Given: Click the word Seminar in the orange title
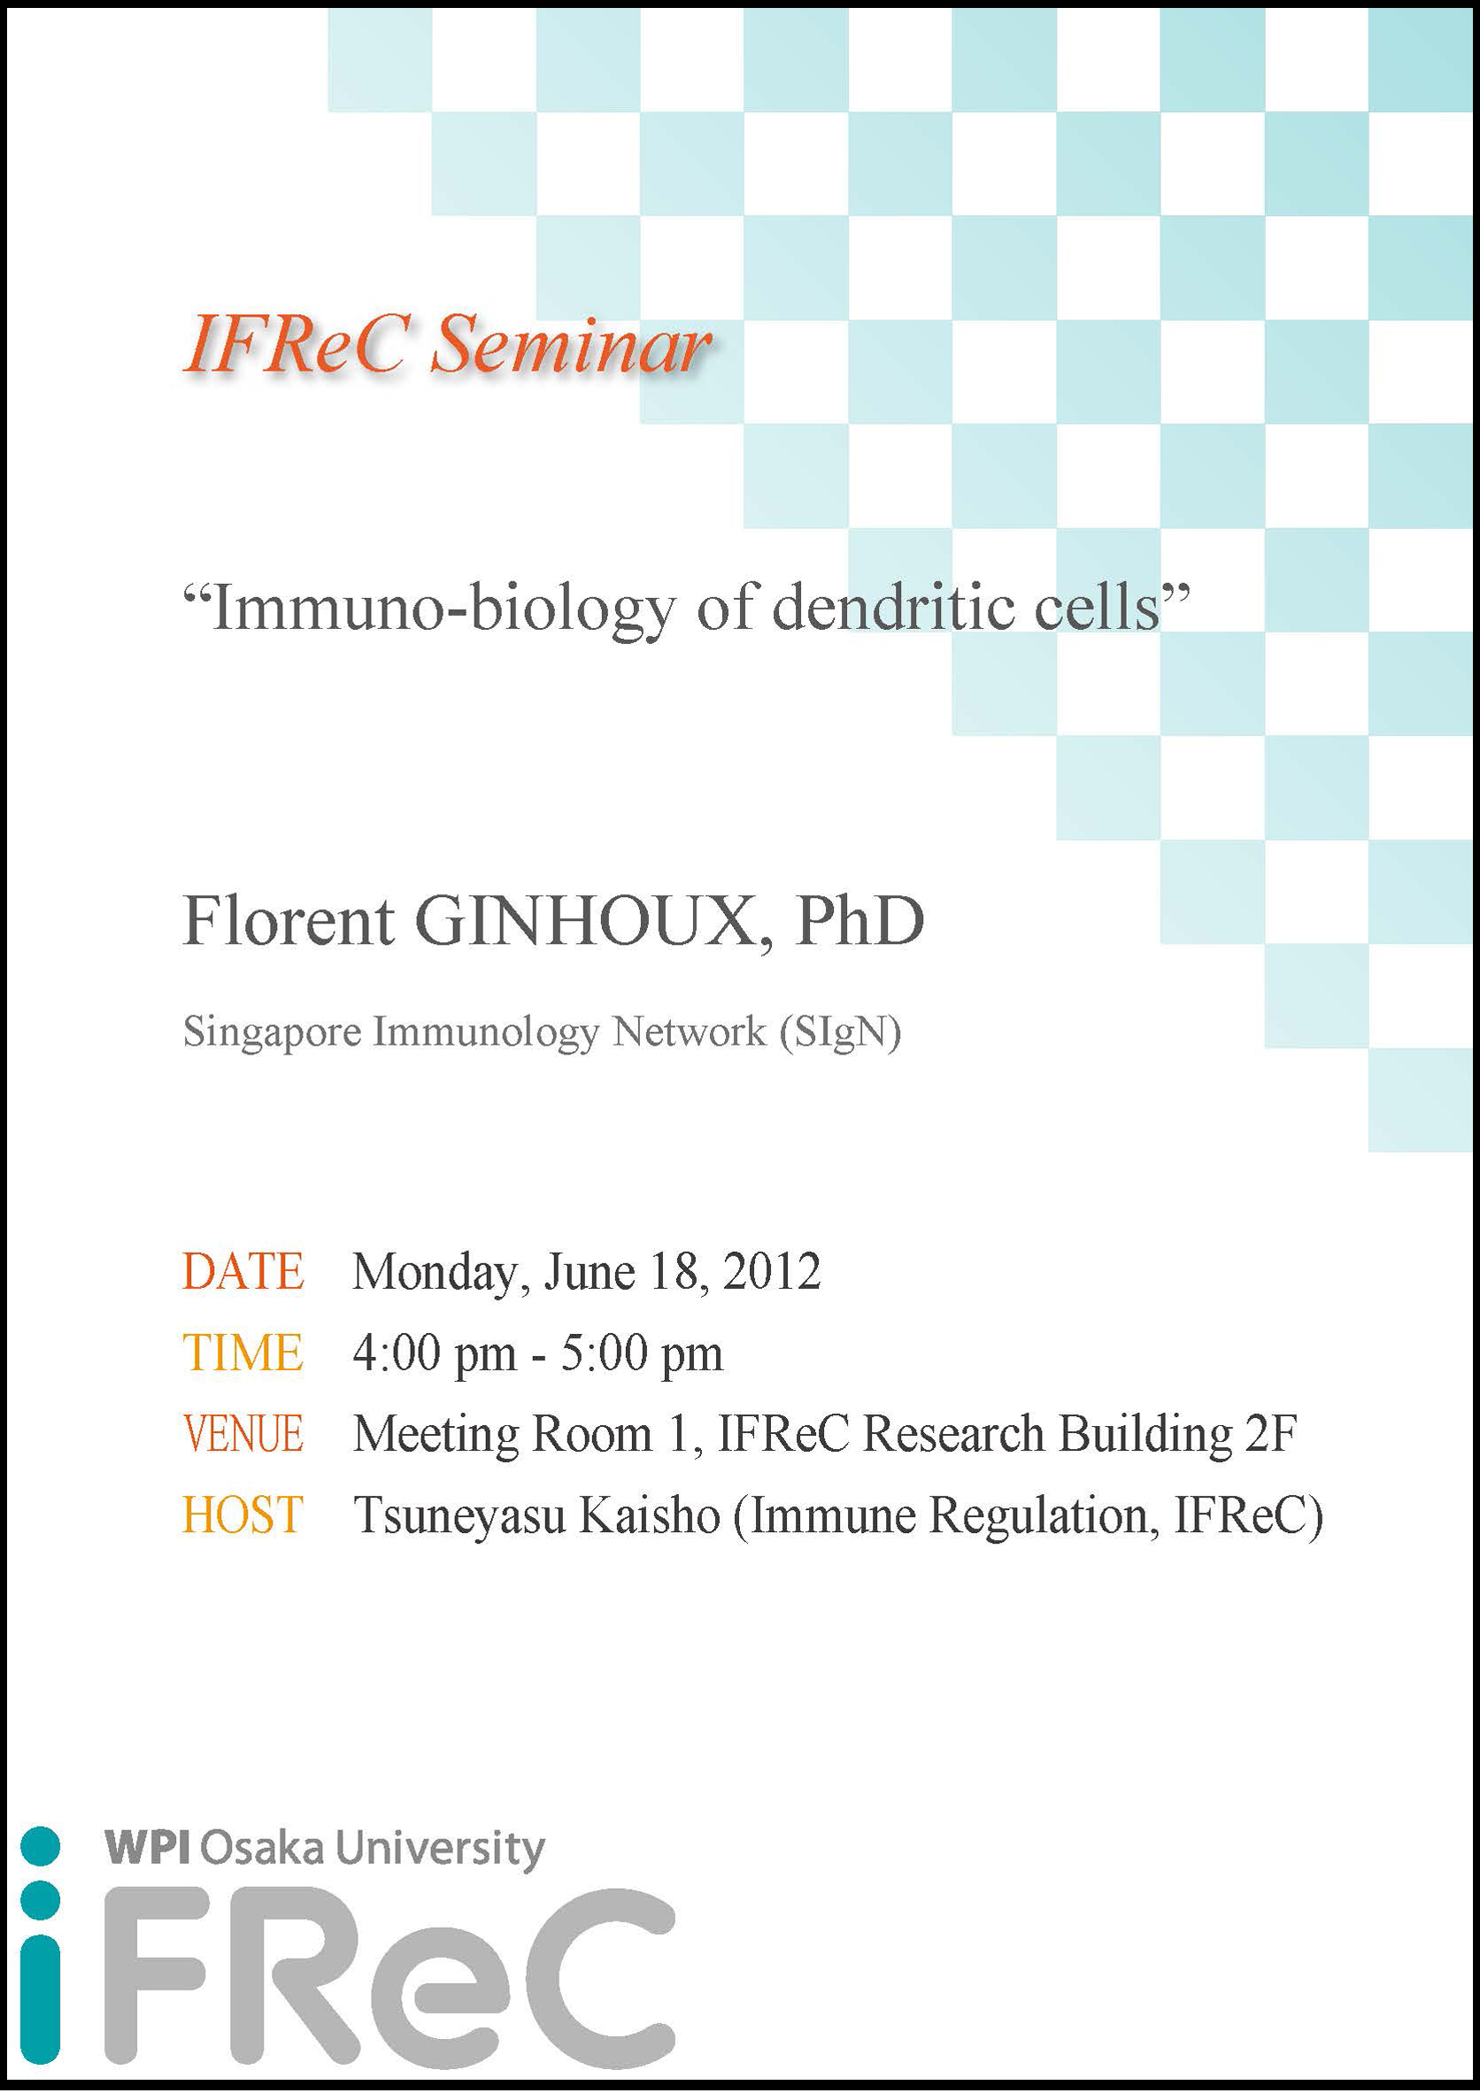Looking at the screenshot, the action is coord(571,346).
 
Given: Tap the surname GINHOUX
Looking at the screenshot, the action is coord(585,922).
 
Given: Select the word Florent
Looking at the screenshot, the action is coord(289,922).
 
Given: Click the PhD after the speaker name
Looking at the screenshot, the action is coord(859,922).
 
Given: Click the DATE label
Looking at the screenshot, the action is coord(243,1272).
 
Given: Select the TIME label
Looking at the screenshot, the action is coord(243,1353).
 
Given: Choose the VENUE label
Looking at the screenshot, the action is coord(243,1434).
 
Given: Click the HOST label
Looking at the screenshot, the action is coord(243,1515).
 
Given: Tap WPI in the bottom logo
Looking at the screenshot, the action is coord(147,1849).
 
